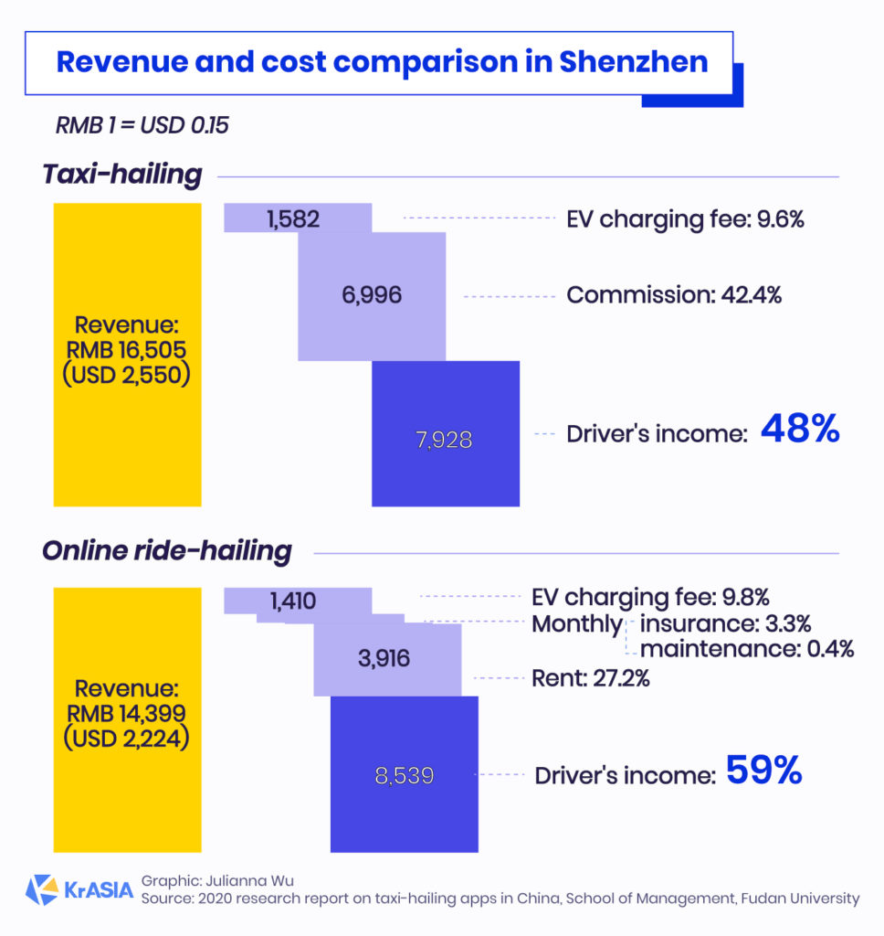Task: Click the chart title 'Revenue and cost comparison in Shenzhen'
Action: (382, 62)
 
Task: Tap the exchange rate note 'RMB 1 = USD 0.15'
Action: (142, 125)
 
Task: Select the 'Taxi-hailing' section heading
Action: (121, 175)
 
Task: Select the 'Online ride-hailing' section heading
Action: (167, 551)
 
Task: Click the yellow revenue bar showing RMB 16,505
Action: (127, 354)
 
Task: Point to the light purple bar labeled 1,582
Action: (298, 218)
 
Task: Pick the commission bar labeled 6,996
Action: (372, 295)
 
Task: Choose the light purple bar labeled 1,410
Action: (297, 601)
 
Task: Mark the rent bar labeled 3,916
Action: (387, 658)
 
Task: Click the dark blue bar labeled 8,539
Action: (404, 774)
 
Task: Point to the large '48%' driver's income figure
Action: (800, 430)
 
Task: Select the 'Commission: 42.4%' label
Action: (673, 295)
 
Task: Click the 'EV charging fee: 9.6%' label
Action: (685, 218)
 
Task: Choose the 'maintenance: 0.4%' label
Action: (746, 649)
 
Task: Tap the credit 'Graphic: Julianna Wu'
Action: (217, 881)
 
